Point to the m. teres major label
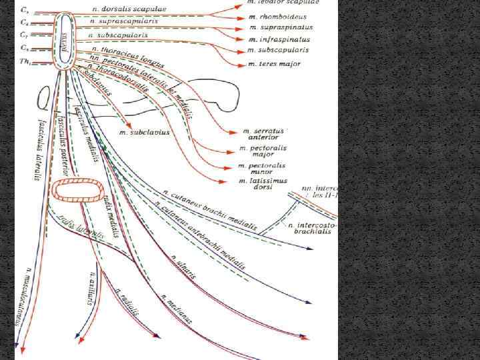274,63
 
